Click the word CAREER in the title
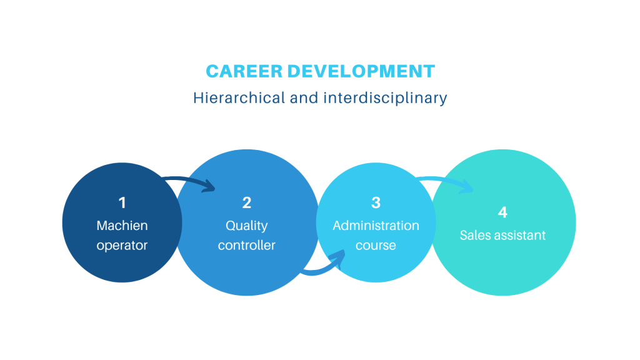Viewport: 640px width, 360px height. (x=244, y=71)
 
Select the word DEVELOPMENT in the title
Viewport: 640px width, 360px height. (x=361, y=71)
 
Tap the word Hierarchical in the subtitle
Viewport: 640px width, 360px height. (x=239, y=98)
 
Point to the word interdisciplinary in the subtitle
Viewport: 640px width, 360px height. (x=385, y=98)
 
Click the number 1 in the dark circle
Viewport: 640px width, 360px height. (x=122, y=203)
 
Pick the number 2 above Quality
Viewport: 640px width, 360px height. (x=246, y=203)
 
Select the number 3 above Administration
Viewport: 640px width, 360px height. (x=376, y=203)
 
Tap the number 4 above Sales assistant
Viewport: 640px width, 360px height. (x=502, y=212)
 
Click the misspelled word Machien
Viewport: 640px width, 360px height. (x=122, y=225)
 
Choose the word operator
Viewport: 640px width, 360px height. (x=122, y=246)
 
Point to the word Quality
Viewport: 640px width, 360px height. (x=246, y=226)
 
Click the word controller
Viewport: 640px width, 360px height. (x=246, y=245)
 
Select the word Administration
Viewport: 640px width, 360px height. (x=376, y=225)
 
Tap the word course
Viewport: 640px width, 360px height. (x=376, y=246)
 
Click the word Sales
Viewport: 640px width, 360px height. (x=474, y=235)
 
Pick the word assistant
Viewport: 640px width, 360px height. (x=518, y=235)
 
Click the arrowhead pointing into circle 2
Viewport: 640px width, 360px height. (x=210, y=186)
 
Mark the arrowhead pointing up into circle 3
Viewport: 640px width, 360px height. (x=339, y=257)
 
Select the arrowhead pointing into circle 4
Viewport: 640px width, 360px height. (x=467, y=187)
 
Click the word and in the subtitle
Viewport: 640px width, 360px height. (x=304, y=98)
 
